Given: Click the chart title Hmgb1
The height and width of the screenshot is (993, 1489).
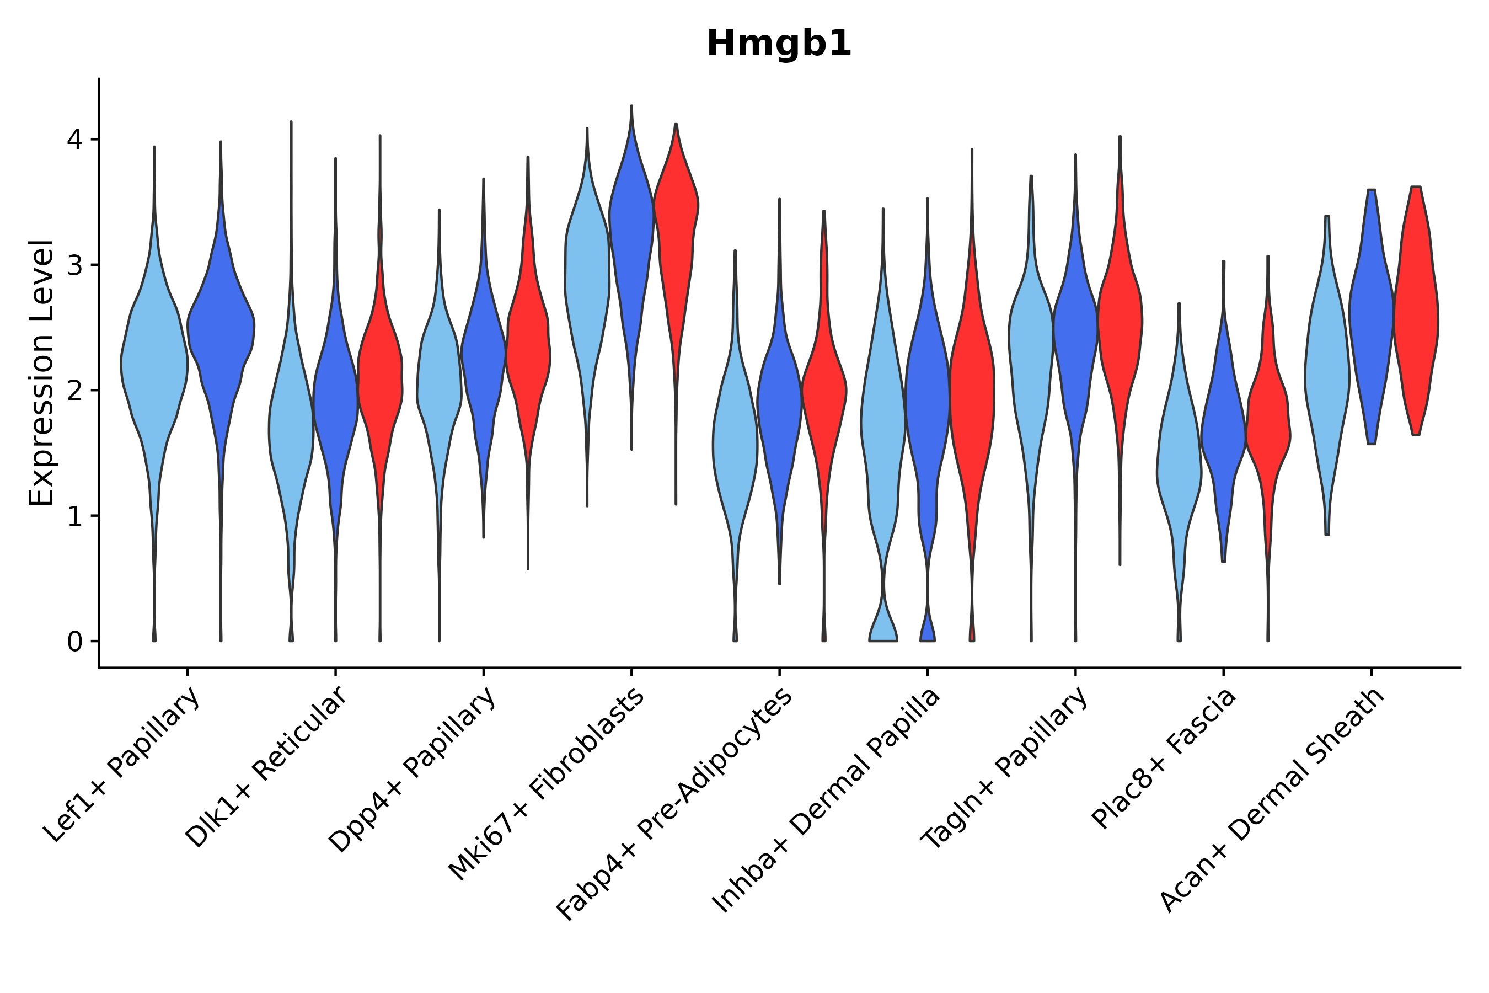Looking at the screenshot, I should (x=779, y=44).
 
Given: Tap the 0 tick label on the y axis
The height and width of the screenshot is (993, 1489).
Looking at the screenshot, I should (x=74, y=642).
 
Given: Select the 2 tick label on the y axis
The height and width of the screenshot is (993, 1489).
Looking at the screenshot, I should (x=74, y=391).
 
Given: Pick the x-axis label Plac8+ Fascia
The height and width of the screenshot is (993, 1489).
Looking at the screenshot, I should (x=1164, y=757).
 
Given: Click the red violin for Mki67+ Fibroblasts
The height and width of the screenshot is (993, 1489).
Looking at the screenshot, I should (x=676, y=253).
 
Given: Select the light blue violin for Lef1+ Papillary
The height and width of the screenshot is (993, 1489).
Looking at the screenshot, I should (x=154, y=367).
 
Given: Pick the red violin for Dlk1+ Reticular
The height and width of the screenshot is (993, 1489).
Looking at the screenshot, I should (x=380, y=380).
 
